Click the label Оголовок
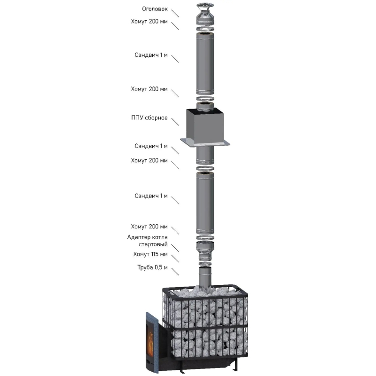click(155, 9)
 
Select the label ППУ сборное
click(149, 118)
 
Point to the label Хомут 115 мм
click(150, 254)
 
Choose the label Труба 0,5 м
click(152, 267)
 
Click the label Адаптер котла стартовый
click(148, 241)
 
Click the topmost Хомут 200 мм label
click(149, 21)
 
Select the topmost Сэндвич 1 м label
click(151, 55)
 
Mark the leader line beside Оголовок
click(175, 14)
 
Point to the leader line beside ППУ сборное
click(175, 122)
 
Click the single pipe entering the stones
click(205, 278)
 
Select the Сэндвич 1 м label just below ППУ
click(151, 146)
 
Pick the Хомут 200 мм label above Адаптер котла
click(149, 227)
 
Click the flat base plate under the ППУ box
click(205, 143)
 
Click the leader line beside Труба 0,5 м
click(175, 272)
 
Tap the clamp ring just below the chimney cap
click(205, 29)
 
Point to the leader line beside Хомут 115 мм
click(175, 258)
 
